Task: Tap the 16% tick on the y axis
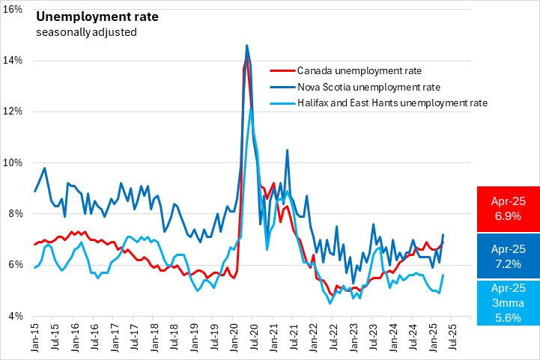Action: tap(16, 8)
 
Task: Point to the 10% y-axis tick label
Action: tap(16, 162)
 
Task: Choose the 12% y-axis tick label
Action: tap(16, 111)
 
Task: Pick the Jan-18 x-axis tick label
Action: tap(153, 336)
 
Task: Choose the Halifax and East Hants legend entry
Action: tap(392, 103)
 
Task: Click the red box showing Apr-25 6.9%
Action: tap(508, 209)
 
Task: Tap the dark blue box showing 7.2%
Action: tap(508, 255)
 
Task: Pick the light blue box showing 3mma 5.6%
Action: tap(508, 303)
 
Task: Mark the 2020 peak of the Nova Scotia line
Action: tap(246, 45)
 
